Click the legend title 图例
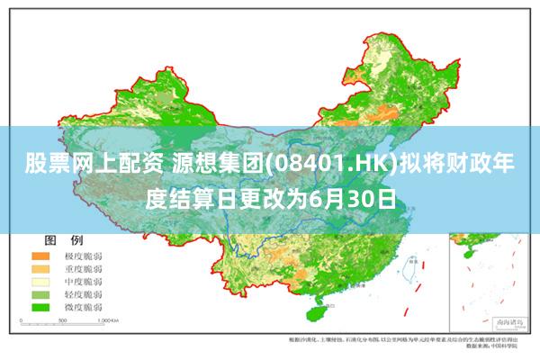(63, 240)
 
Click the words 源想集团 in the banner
(206, 165)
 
